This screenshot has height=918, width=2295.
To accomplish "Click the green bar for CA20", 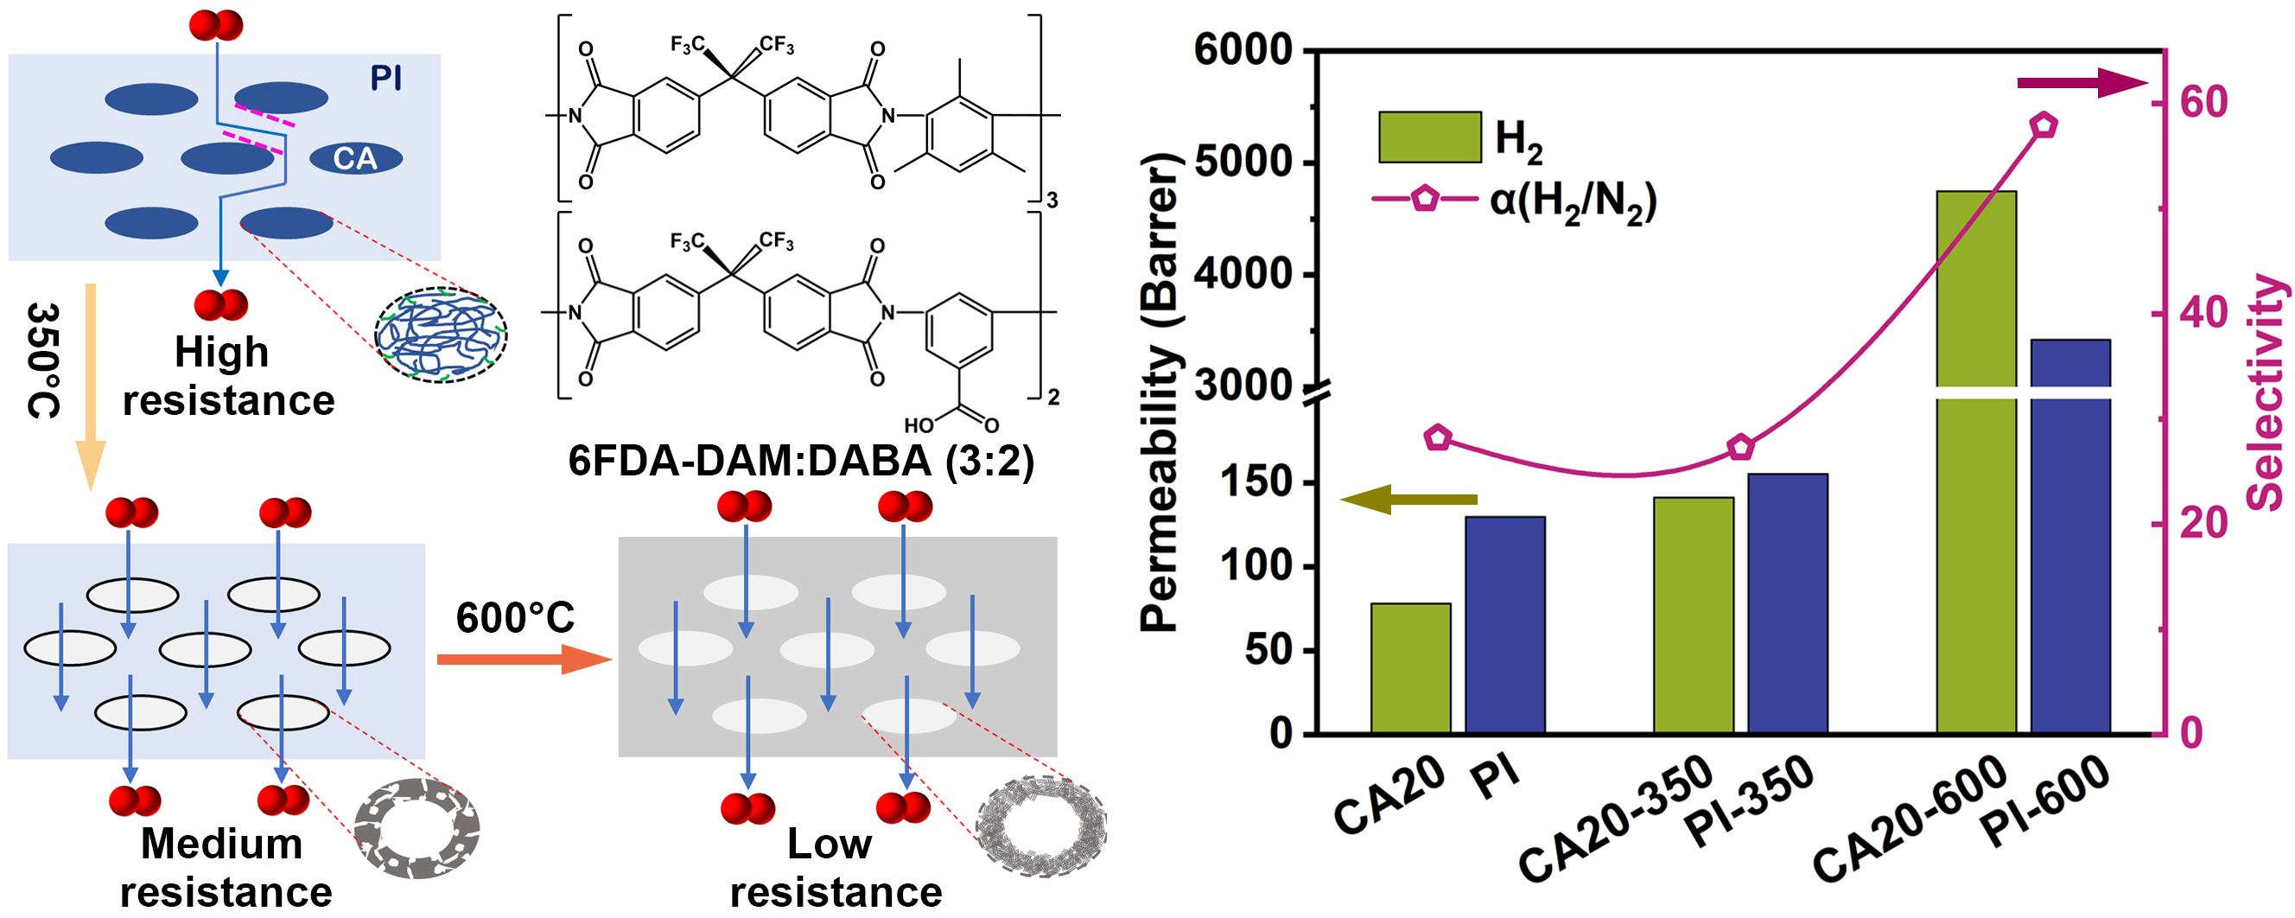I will click(1410, 668).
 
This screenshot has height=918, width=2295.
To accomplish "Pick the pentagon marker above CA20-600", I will click(2044, 125).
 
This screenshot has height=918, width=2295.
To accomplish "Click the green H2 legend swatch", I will click(1429, 137).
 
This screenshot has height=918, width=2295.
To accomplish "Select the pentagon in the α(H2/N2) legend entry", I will click(1425, 197).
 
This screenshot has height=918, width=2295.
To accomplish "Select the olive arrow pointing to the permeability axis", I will click(1408, 499).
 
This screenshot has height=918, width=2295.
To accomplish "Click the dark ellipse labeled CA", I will click(355, 159).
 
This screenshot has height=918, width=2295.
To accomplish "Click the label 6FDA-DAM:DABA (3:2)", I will click(801, 462).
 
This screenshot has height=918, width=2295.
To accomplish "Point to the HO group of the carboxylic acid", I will click(919, 426).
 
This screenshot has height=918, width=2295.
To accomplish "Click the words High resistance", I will click(227, 376).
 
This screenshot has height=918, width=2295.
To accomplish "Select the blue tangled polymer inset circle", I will click(441, 335).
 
